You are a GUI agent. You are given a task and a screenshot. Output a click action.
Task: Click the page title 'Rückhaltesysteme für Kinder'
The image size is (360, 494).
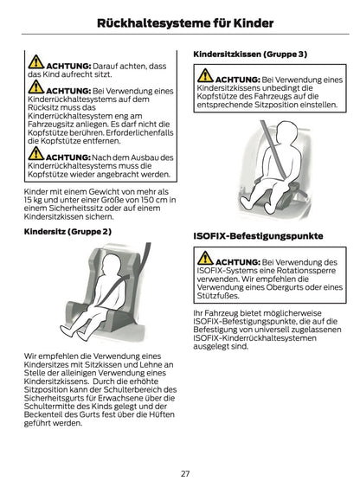coord(185,23)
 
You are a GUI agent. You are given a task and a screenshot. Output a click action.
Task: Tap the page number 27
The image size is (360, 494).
coord(185,473)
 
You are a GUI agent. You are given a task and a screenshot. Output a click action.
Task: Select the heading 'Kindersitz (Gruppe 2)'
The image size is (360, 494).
coord(67,232)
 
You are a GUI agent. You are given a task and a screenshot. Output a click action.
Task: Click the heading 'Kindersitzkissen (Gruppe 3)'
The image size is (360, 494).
coord(250,55)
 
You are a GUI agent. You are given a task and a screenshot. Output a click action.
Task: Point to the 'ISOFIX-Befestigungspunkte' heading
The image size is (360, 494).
coord(258,236)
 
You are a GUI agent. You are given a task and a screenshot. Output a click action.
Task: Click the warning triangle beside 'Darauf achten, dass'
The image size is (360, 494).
coord(36,62)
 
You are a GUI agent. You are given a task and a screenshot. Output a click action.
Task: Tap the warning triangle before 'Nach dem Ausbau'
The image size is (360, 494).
coord(36,154)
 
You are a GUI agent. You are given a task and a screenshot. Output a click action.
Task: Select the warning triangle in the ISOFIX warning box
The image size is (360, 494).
coord(205,259)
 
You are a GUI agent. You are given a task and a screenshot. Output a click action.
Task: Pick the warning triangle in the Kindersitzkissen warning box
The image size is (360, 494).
coord(205,76)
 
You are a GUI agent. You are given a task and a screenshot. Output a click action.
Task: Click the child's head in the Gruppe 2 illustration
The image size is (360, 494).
coord(111,266)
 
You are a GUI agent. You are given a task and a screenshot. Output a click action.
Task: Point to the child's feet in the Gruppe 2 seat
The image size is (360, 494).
coord(74,333)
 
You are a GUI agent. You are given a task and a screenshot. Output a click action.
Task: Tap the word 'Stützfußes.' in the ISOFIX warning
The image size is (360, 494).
coord(218,296)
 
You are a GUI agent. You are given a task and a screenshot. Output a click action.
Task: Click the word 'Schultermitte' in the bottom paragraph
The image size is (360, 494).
coord(45,407)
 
